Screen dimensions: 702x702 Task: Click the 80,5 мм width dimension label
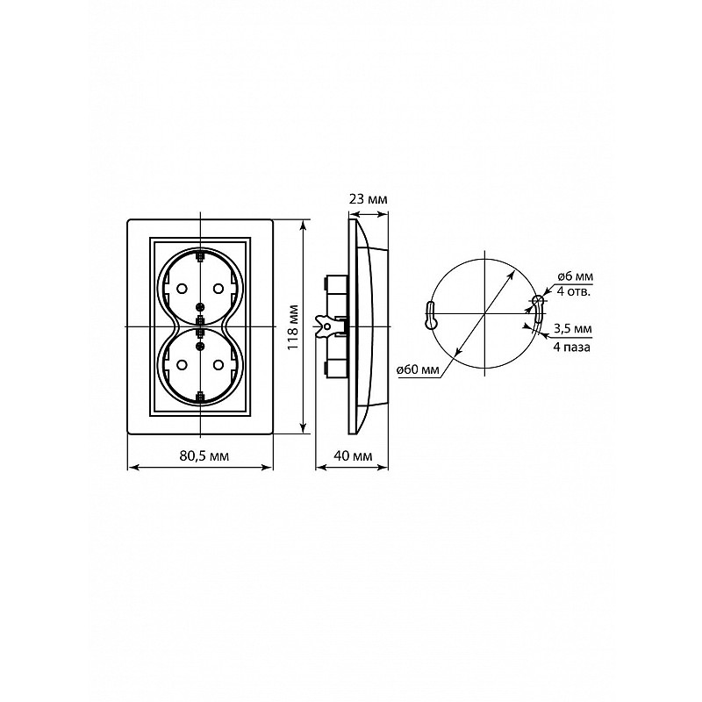pyautogui.click(x=204, y=455)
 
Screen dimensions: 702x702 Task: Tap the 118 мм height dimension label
pyautogui.click(x=294, y=327)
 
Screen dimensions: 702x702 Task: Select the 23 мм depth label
pyautogui.click(x=368, y=199)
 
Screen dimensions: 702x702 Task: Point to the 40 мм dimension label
pyautogui.click(x=354, y=455)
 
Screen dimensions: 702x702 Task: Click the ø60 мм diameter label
pyautogui.click(x=418, y=369)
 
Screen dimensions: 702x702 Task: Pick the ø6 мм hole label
pyautogui.click(x=576, y=276)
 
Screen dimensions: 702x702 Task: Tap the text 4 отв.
pyautogui.click(x=574, y=292)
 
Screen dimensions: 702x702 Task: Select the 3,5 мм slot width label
pyautogui.click(x=573, y=328)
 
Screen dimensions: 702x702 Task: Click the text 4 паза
pyautogui.click(x=572, y=347)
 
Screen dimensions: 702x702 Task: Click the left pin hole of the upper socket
pyautogui.click(x=182, y=289)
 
